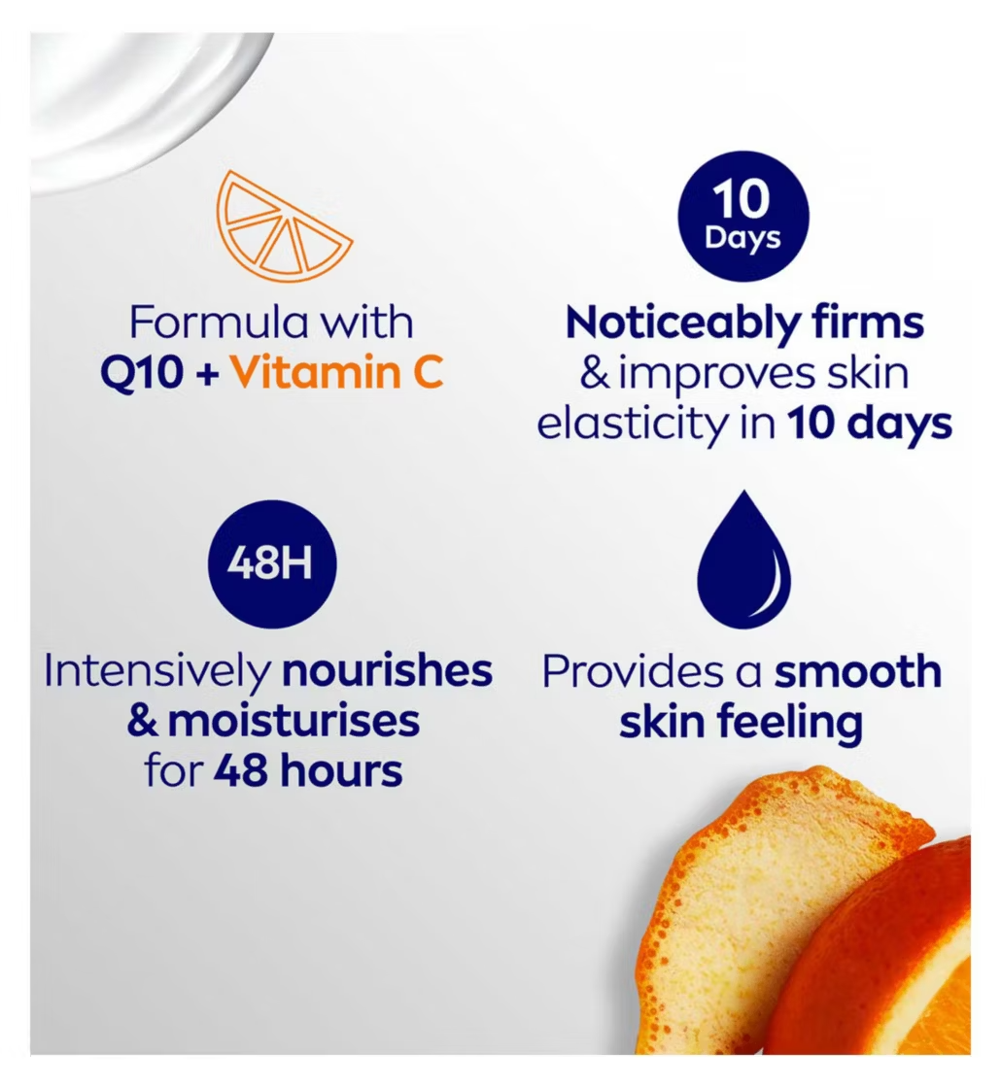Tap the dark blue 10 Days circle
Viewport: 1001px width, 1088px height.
tap(742, 216)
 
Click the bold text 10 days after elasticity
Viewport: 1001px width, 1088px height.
tap(869, 425)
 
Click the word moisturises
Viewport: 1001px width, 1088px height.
tap(293, 722)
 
